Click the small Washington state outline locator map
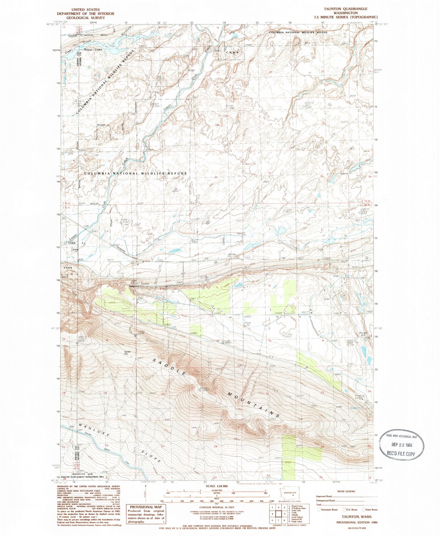(x=290, y=495)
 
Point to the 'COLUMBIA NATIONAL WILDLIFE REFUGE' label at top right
(x=298, y=32)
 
